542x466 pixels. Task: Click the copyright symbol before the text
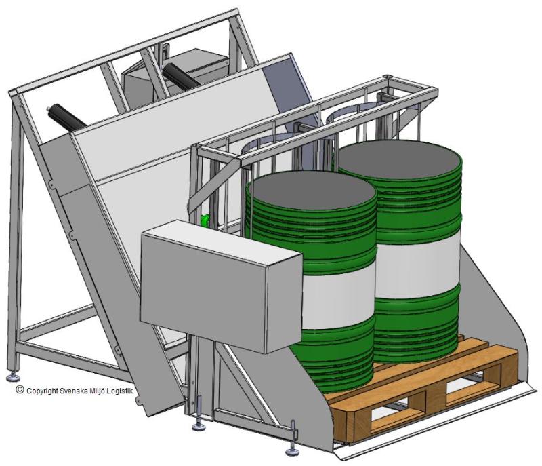[20, 390]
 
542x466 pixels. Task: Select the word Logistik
[120, 391]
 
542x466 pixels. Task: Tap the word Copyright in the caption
[42, 391]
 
